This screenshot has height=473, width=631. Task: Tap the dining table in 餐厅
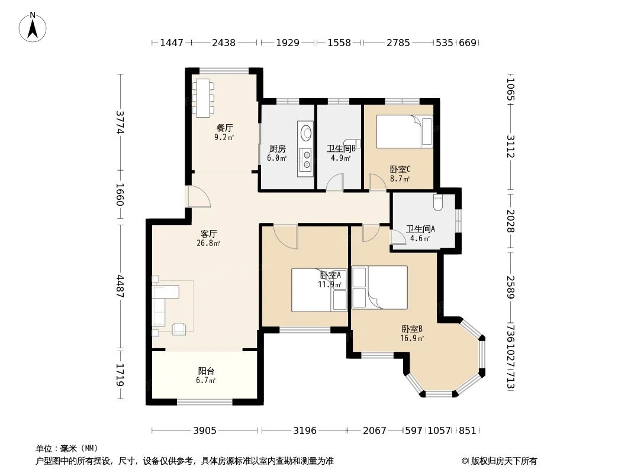[203, 97]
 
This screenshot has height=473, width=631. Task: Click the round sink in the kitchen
[306, 131]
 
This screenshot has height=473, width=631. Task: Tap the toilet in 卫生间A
[438, 202]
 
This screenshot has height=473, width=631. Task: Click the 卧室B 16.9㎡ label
[412, 333]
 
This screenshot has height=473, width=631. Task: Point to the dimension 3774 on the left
[120, 123]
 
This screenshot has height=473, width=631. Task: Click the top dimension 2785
[398, 43]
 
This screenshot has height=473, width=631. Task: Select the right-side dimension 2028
[510, 221]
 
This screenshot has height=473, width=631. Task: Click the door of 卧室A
[286, 236]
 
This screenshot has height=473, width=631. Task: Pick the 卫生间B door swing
[336, 182]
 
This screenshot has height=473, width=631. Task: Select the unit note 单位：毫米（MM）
[67, 449]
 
